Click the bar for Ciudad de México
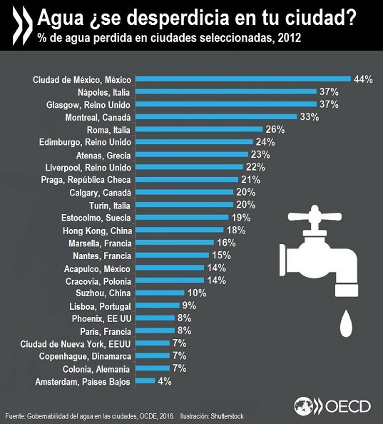click(242, 79)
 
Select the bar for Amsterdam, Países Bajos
click(145, 382)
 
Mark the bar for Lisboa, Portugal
click(158, 306)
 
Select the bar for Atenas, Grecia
click(190, 155)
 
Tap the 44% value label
click(362, 79)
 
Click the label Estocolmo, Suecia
click(94, 218)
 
